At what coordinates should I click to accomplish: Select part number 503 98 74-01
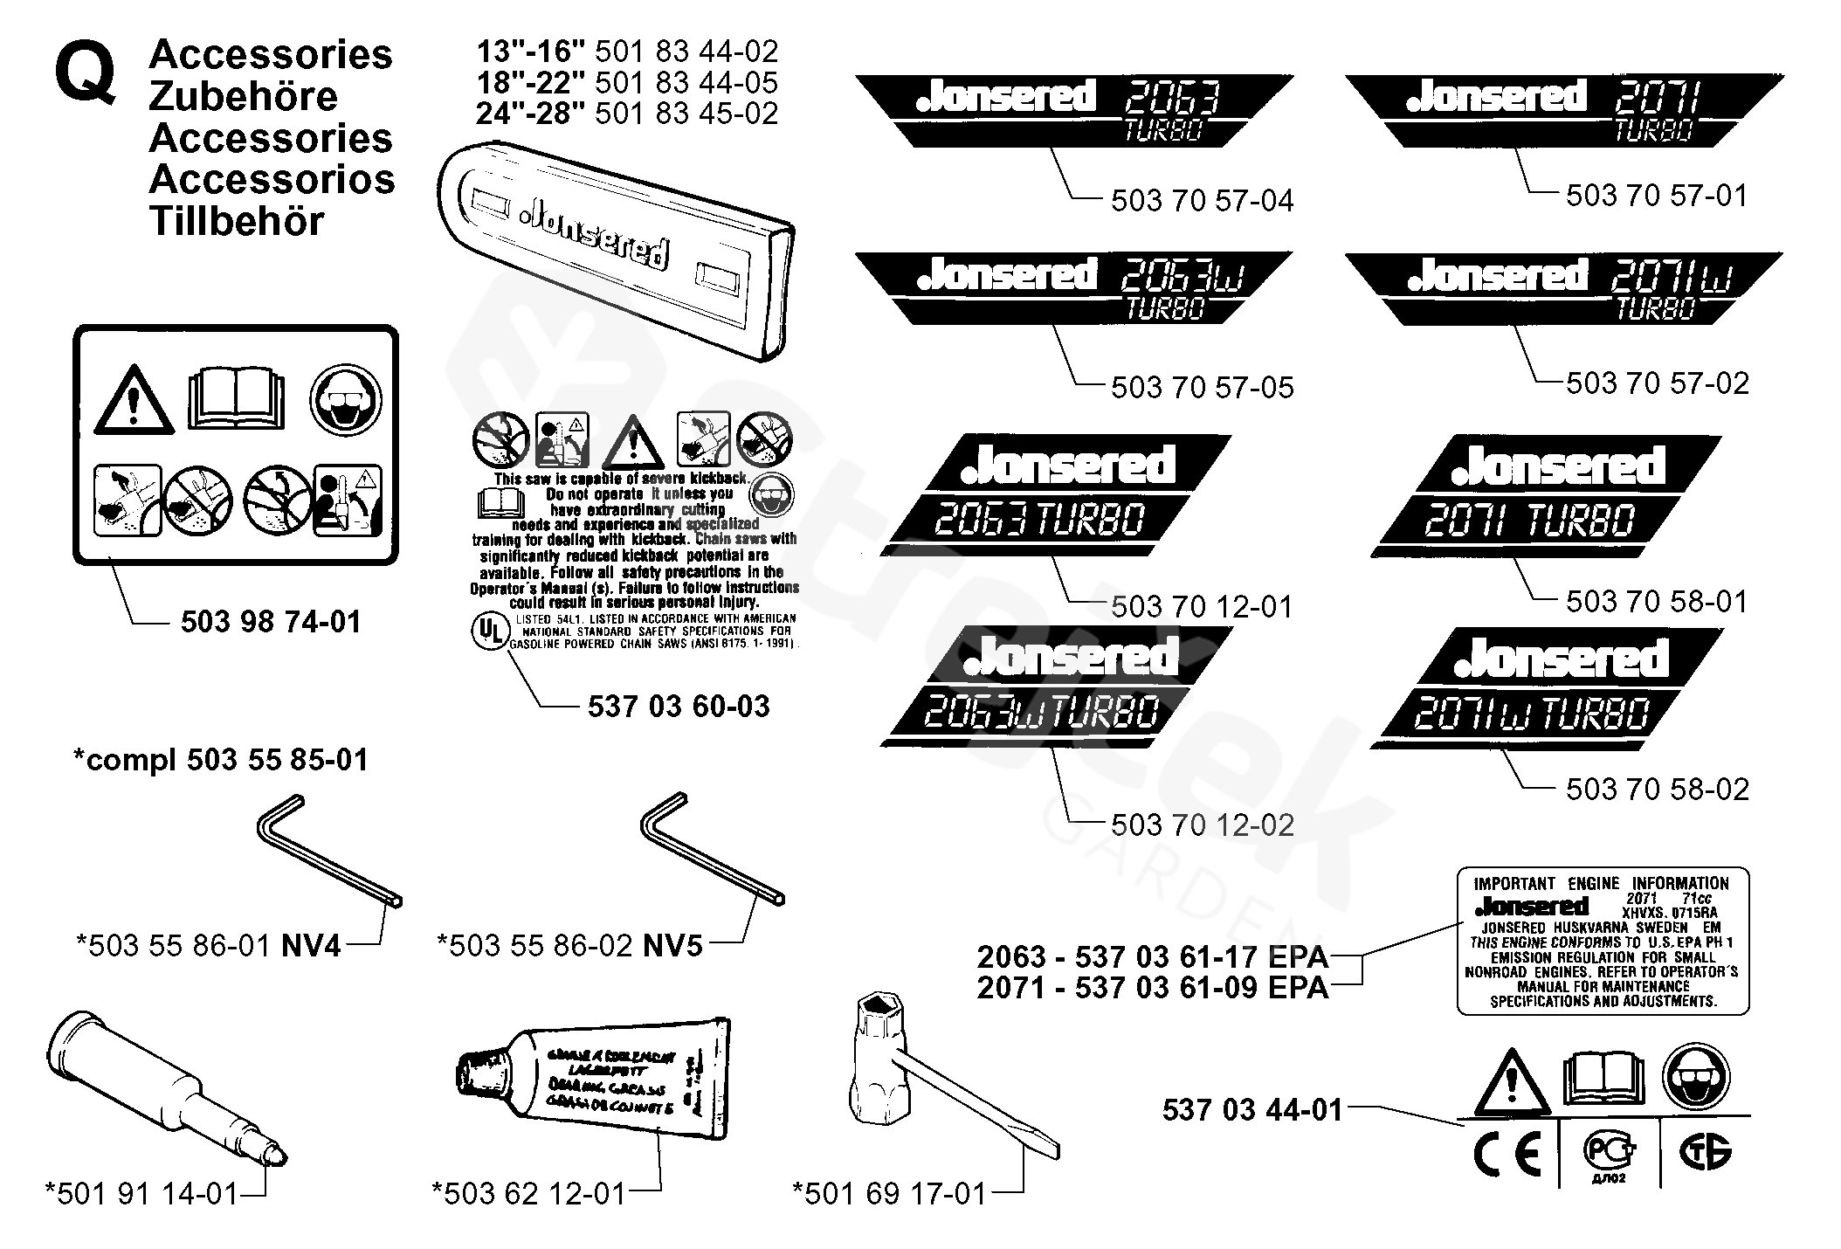point(271,622)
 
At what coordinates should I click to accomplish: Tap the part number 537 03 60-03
point(679,706)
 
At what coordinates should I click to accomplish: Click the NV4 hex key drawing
point(329,851)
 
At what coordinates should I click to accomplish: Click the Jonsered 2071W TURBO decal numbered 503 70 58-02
point(1547,689)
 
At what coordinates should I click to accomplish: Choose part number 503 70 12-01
point(1202,606)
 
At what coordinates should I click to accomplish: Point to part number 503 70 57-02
point(1657,383)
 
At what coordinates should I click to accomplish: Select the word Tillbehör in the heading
point(237,222)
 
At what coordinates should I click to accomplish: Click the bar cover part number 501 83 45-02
point(686,114)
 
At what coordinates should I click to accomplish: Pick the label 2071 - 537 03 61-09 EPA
point(1152,988)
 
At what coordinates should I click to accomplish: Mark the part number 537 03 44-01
point(1251,1109)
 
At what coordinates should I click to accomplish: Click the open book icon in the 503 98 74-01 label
point(236,401)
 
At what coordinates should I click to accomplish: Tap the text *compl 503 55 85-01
point(221,759)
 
